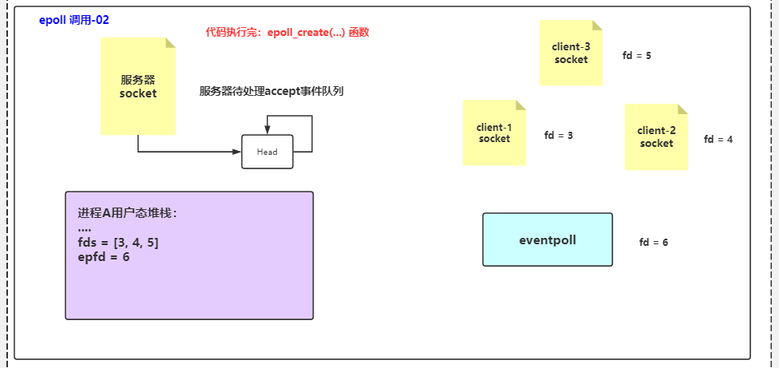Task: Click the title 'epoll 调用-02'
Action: [74, 20]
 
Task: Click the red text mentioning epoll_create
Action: [287, 33]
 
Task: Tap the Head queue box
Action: [267, 152]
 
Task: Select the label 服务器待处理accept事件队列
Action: [271, 91]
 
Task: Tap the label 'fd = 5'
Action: [637, 56]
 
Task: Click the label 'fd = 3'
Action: [559, 135]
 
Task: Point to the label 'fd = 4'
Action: [718, 139]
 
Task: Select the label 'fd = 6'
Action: [654, 242]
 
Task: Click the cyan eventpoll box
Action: [548, 239]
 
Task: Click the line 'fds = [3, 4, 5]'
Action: [118, 242]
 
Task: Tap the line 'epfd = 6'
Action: [104, 257]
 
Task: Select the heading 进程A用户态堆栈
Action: [127, 213]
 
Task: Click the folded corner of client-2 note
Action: [682, 109]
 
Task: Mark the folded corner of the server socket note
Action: [170, 43]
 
